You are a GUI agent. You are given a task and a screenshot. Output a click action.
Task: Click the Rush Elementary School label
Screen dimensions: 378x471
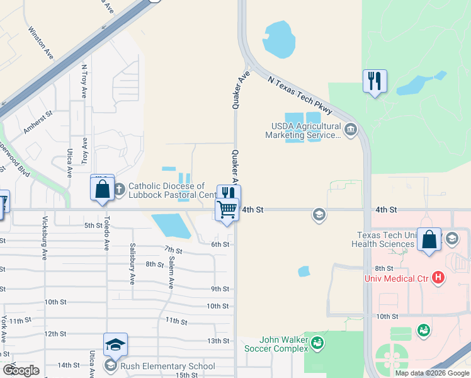point(168,366)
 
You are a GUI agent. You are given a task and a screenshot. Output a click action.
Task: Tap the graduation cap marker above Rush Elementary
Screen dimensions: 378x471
point(115,345)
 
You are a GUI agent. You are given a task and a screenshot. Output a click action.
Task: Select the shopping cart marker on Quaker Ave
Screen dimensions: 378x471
point(227,209)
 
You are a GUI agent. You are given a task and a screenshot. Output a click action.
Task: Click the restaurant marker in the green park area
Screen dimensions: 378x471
point(374,81)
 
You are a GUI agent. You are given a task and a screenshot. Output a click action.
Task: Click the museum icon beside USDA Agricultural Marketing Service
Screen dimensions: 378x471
point(351,131)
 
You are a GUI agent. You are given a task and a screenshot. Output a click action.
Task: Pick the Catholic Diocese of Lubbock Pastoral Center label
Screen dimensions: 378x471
point(172,190)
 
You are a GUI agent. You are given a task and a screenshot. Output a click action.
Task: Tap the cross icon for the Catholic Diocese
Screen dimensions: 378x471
point(120,187)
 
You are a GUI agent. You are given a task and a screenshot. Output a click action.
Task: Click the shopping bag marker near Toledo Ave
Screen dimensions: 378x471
point(102,188)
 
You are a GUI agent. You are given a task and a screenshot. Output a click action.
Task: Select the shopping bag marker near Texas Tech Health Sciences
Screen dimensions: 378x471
point(429,240)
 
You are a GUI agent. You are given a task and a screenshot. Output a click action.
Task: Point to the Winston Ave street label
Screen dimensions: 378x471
point(40,43)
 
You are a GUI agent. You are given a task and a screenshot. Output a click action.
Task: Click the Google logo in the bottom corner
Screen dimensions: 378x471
point(21,370)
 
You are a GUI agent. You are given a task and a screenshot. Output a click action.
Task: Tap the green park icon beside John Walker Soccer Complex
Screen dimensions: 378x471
point(317,342)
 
